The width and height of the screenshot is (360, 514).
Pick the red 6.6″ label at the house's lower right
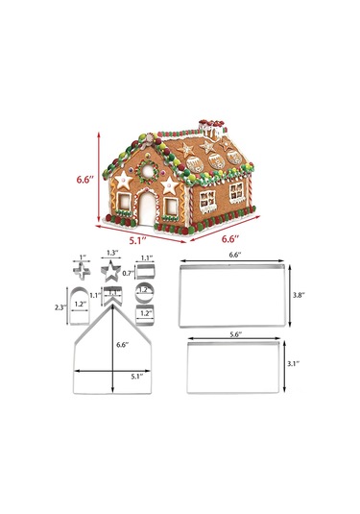point(230,238)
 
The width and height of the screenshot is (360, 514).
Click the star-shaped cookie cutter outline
point(111,270)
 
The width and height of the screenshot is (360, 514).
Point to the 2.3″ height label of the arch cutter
point(59,307)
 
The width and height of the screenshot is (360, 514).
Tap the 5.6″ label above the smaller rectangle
point(234,334)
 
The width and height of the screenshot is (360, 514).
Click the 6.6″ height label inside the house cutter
point(120,343)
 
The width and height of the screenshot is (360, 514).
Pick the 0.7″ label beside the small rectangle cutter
point(127,274)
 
